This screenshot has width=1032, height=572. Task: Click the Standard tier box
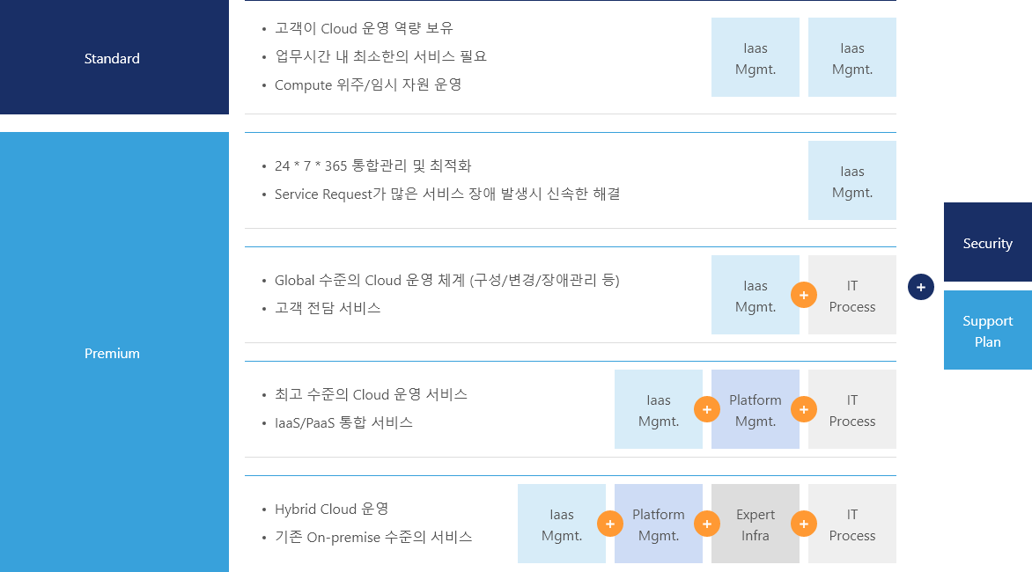[113, 58]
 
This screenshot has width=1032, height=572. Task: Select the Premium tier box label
[113, 353]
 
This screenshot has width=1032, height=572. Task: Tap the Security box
[987, 243]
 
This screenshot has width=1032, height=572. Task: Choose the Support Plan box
[987, 331]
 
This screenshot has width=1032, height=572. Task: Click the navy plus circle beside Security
[920, 286]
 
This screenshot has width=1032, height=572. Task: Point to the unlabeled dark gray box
[755, 524]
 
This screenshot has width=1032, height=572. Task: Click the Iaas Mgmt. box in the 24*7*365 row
[851, 180]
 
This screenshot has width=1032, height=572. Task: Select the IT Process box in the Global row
[851, 295]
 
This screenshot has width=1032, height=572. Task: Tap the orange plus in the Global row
[803, 295]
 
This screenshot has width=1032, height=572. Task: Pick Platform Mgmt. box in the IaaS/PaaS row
[755, 409]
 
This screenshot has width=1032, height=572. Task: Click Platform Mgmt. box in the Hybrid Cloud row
[658, 524]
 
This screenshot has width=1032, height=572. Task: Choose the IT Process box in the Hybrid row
[851, 524]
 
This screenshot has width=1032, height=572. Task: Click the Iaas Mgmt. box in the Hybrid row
[561, 524]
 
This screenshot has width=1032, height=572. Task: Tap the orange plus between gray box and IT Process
[803, 524]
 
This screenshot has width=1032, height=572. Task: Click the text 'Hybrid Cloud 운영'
[331, 509]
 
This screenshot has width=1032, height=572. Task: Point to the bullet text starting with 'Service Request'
[446, 194]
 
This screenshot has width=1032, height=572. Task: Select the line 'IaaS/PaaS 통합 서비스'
[343, 422]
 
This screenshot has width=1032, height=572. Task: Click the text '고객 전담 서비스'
[328, 308]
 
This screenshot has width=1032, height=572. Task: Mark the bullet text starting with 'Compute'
[368, 85]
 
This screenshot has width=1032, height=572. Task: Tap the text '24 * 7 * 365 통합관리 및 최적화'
[372, 165]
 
